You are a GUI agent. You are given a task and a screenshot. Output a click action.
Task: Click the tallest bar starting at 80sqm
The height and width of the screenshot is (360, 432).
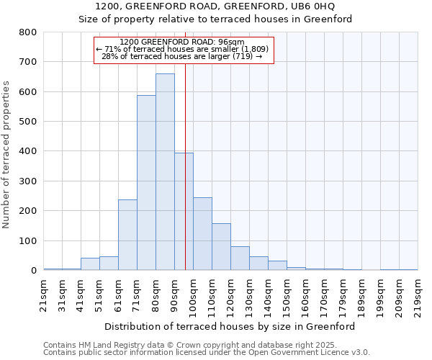[x=165, y=172]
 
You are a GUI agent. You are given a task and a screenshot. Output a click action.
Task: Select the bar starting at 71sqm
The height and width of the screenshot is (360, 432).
[x=146, y=183]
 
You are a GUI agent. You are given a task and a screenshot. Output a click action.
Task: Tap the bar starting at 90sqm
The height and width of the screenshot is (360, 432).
[x=184, y=212]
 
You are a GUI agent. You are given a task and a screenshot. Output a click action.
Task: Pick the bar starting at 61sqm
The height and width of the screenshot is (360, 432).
[x=127, y=235]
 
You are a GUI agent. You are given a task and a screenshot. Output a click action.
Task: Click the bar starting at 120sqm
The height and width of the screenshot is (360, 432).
[x=240, y=258]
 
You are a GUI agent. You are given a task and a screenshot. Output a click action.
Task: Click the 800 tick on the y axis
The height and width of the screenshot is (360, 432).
[x=28, y=32]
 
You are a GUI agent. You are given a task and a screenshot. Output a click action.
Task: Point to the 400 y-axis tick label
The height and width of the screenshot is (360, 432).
[x=28, y=151]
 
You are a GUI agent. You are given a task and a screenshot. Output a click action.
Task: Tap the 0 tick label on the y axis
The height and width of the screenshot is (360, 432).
[x=34, y=271]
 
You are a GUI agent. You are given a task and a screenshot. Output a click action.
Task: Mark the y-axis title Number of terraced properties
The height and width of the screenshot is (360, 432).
[x=7, y=154]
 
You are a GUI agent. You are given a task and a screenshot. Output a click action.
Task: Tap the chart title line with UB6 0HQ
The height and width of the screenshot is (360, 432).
[x=215, y=6]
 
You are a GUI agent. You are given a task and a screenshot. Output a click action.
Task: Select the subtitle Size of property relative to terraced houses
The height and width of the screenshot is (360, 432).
[x=215, y=19]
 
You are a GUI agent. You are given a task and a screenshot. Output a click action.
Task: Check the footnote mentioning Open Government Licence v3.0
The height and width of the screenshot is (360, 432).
[x=207, y=353]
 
